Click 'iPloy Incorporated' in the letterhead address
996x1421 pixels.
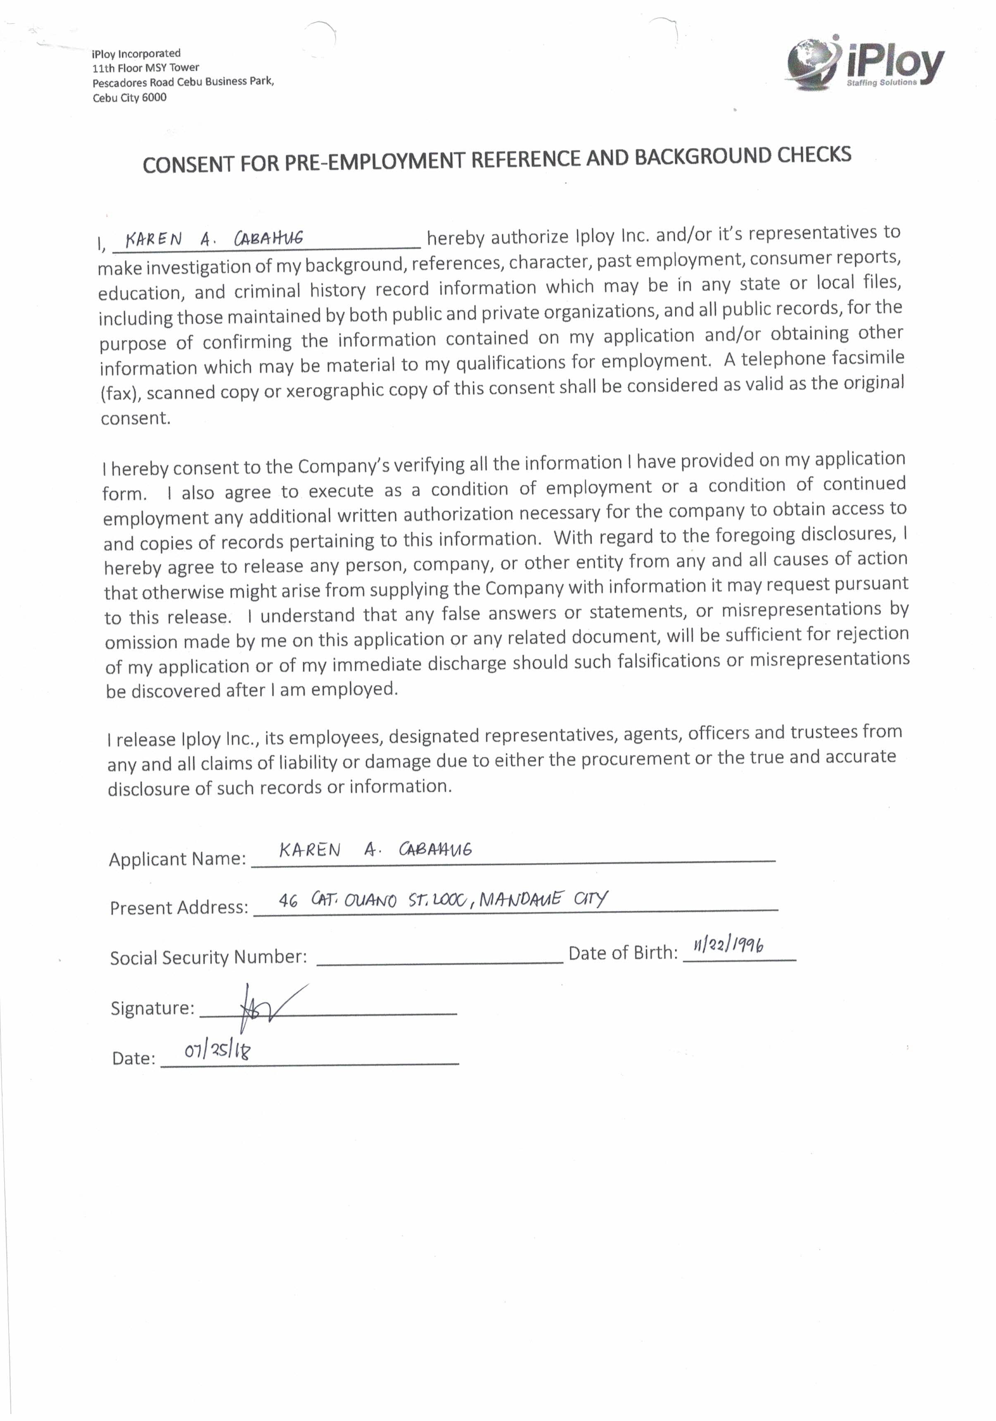coord(136,54)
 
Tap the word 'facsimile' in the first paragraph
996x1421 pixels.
coord(868,358)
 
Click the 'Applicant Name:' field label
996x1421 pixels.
coord(177,859)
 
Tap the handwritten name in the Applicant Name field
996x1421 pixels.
coord(375,850)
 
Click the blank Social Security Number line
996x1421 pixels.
coord(439,956)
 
